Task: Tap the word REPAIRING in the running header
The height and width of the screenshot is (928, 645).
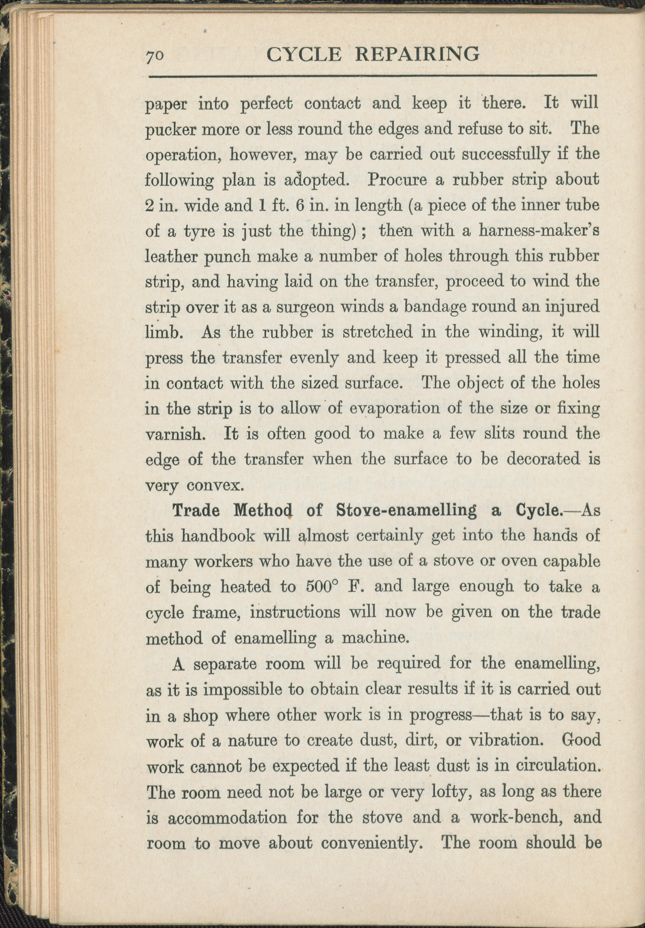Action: (417, 54)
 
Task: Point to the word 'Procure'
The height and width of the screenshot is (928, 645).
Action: (396, 180)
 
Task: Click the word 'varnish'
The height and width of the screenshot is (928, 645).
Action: (173, 435)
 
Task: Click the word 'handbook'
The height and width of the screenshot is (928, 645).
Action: (218, 536)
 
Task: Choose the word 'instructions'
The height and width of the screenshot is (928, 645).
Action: (295, 612)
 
